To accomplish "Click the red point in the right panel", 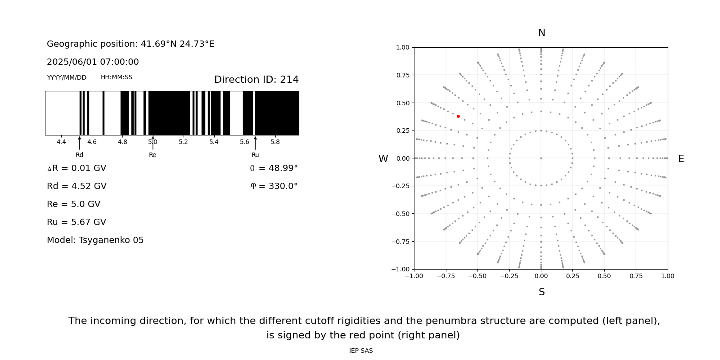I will coord(458,116).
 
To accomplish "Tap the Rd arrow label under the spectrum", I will coord(79,155).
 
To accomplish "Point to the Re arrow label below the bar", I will coord(153,155).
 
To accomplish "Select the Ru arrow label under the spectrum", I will coord(255,155).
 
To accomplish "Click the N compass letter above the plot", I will coord(541,33).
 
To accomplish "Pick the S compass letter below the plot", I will coord(541,292).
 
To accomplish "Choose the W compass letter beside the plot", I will coord(383,159).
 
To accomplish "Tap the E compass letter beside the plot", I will coord(681,159).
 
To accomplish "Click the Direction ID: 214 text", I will coord(256,80).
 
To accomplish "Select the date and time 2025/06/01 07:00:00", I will coord(93,62).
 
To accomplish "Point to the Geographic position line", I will coord(130,44).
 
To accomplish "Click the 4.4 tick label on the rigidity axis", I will coord(61,142).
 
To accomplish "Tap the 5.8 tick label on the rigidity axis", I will coord(275,142).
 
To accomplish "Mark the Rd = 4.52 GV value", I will coord(76,186).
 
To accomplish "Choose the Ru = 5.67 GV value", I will coord(76,222).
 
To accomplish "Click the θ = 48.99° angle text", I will coord(274,168).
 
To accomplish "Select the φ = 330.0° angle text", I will coord(274,186).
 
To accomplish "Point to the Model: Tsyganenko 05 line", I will coord(95,240).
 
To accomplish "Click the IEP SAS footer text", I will coord(361,351).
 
